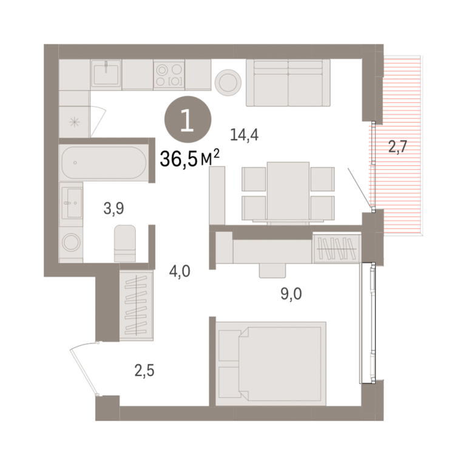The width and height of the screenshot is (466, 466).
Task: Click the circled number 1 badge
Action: coord(188,120)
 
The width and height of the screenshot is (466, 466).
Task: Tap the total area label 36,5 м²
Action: coord(189,158)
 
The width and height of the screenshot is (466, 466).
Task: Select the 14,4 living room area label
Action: coord(244,135)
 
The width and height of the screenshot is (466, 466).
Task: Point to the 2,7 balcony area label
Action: coord(397,146)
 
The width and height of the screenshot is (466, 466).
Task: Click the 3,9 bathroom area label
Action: coord(113,208)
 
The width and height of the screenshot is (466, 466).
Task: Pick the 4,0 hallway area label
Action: coord(180,271)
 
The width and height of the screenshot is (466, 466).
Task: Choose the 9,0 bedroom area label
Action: coord(291,294)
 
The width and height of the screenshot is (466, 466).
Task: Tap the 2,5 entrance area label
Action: coord(144,371)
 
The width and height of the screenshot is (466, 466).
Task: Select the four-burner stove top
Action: coord(169,74)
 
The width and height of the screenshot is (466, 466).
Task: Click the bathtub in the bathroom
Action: coord(104,163)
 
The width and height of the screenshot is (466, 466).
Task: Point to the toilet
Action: coord(125,243)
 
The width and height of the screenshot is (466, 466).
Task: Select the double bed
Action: coord(271,363)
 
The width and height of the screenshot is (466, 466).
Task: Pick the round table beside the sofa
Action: coord(228,82)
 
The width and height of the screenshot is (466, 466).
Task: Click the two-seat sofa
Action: coord(288,83)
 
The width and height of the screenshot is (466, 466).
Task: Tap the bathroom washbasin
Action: coord(72,203)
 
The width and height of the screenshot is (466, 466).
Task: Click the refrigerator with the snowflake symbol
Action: coord(74,122)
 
